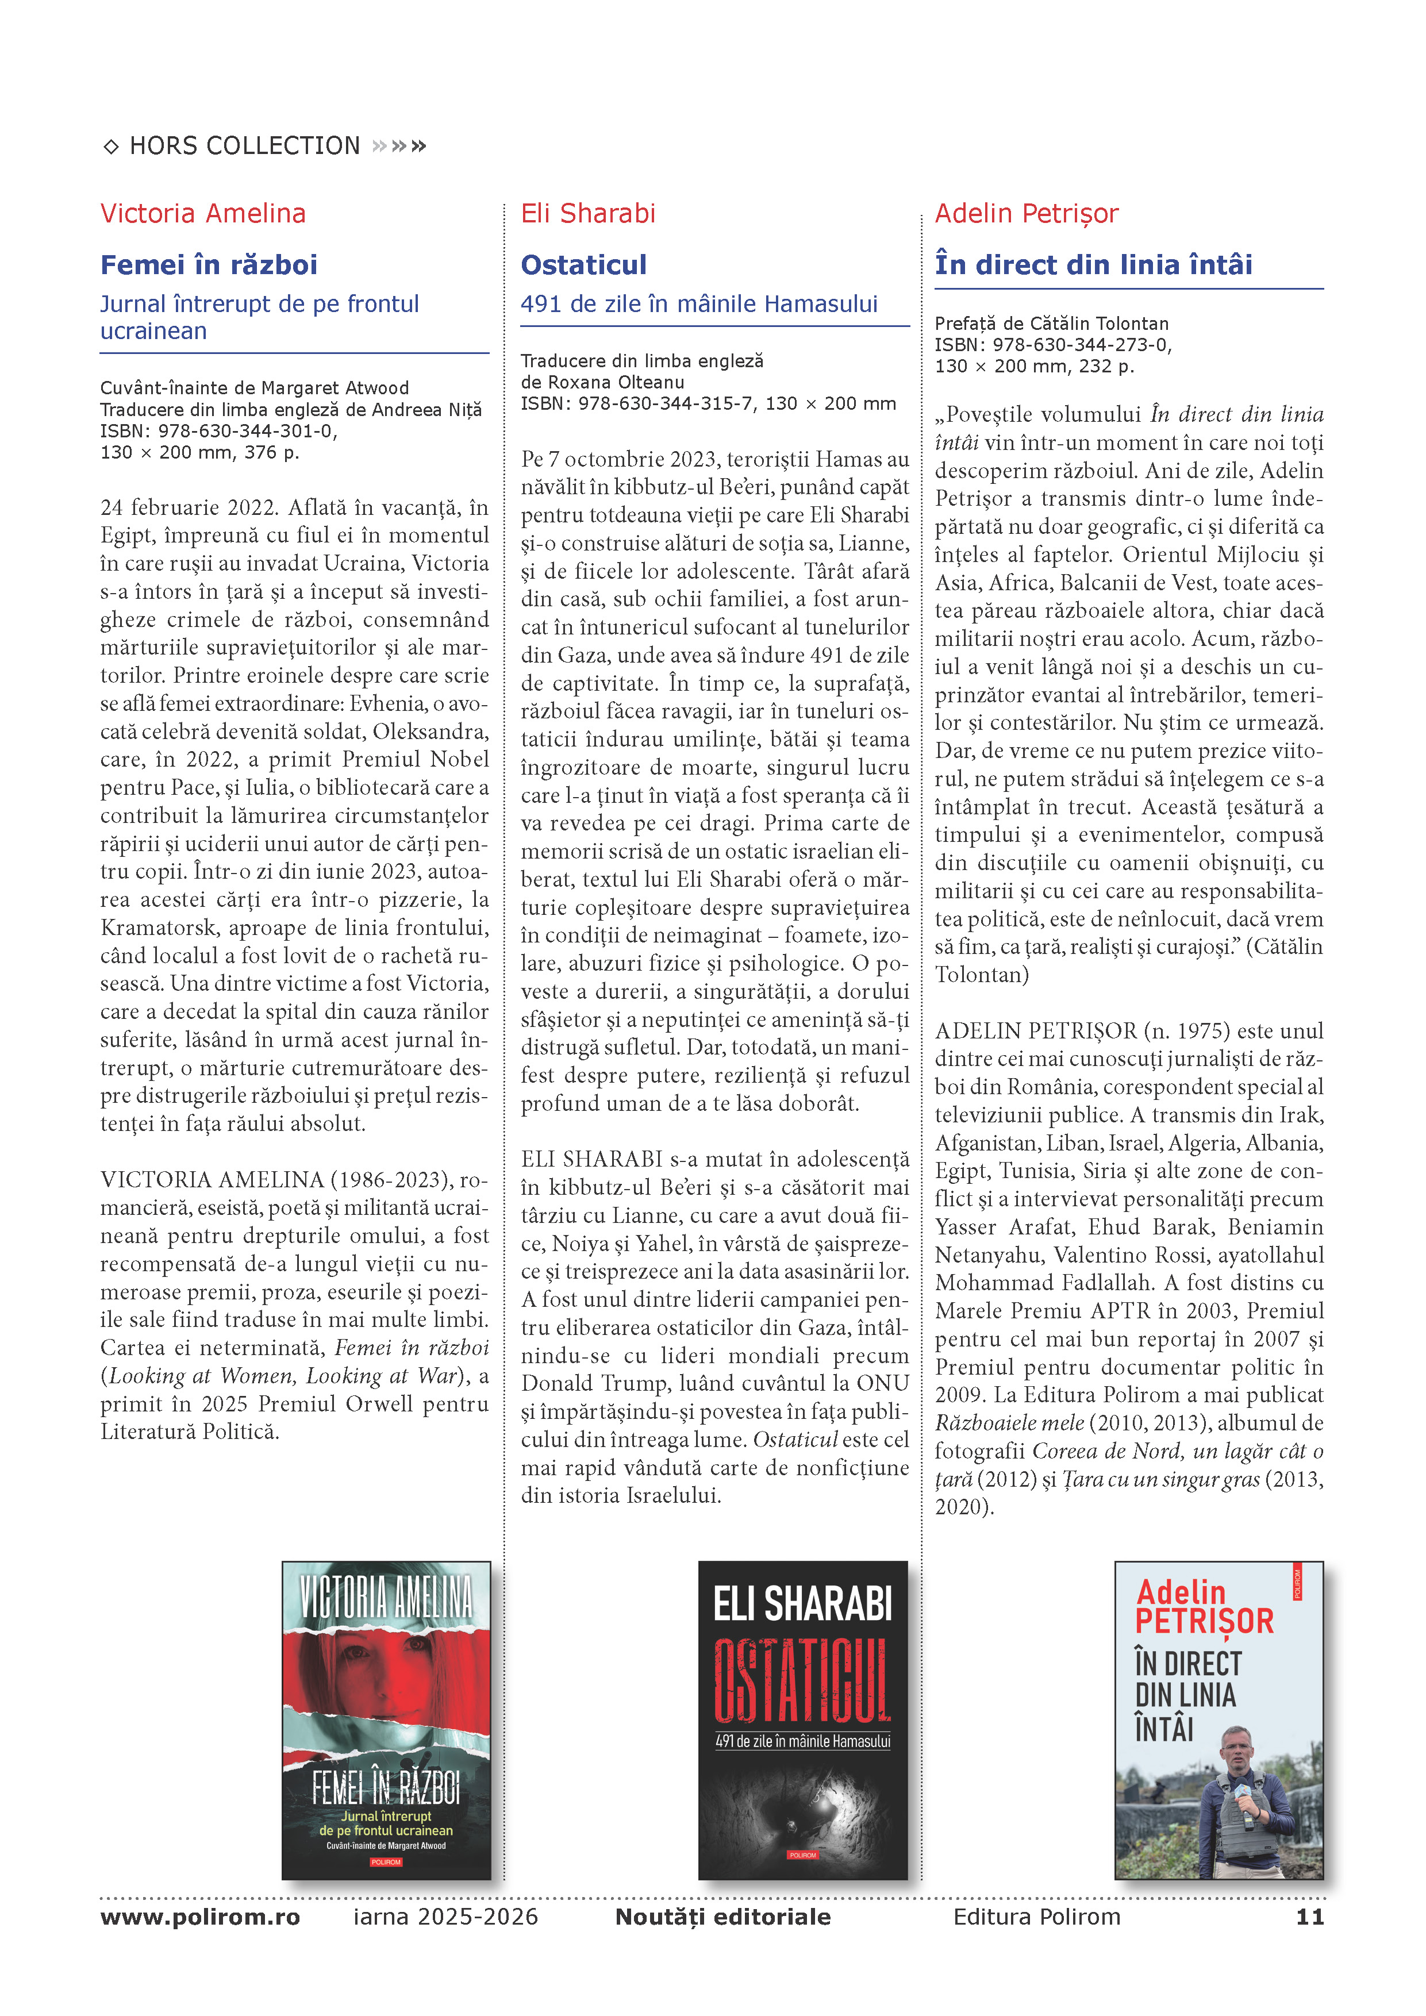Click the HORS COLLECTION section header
click(x=244, y=146)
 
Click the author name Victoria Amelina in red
click(x=203, y=213)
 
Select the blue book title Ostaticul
click(x=583, y=264)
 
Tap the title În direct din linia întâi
click(x=1093, y=264)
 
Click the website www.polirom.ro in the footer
click(x=200, y=1917)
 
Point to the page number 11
click(x=1309, y=1917)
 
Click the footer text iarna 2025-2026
click(x=445, y=1917)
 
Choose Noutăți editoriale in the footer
click(x=722, y=1917)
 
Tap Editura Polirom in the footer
click(x=1036, y=1917)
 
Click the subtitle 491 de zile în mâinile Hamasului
click(x=699, y=304)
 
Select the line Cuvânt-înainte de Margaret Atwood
click(x=255, y=388)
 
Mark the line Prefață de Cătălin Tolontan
click(x=1051, y=324)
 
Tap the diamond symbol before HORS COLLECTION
click(x=112, y=147)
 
